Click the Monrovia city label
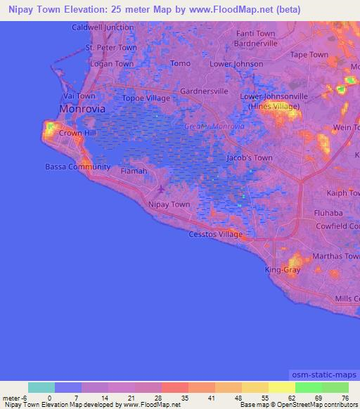(x=83, y=110)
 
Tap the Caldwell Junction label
(x=103, y=27)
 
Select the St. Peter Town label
(x=111, y=48)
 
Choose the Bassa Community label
(x=77, y=167)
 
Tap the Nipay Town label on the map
(x=169, y=204)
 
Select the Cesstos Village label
(x=215, y=234)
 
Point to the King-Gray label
(x=283, y=270)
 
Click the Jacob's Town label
(x=250, y=158)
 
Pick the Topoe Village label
(x=146, y=98)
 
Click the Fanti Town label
(x=256, y=34)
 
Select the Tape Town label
(x=309, y=54)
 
